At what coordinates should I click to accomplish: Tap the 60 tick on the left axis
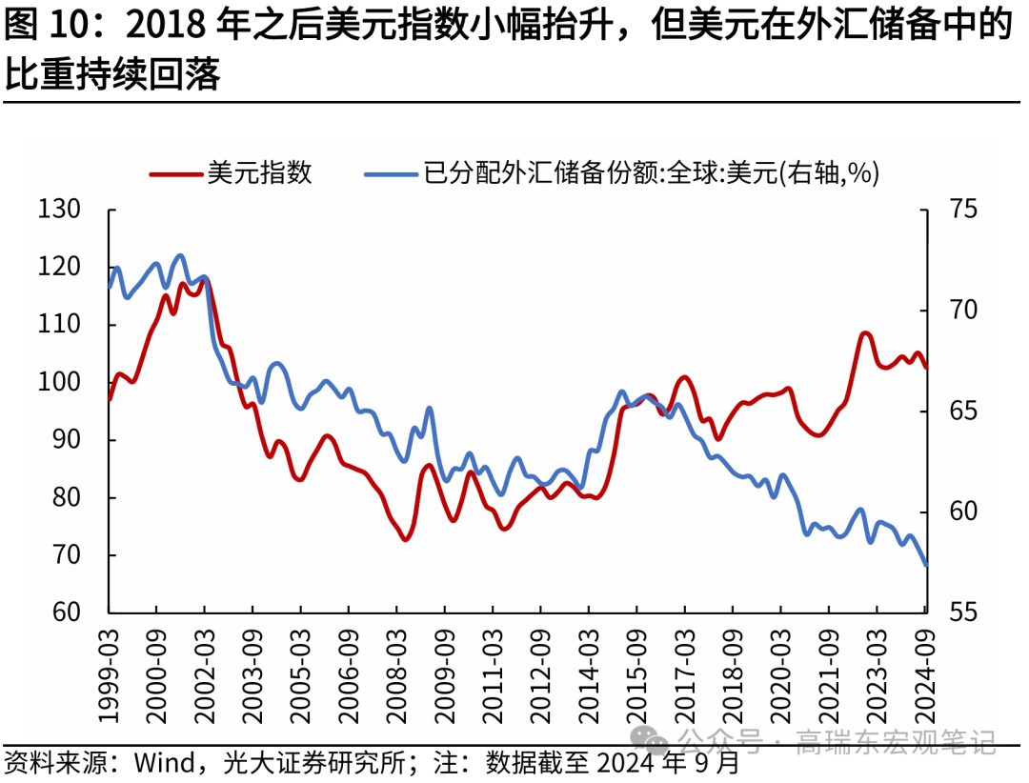tap(66, 612)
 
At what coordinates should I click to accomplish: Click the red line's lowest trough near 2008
tap(405, 540)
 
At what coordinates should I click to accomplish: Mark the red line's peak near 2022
tap(865, 332)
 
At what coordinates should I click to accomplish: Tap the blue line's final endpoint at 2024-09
tap(926, 565)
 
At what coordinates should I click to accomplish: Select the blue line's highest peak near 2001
tap(181, 255)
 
